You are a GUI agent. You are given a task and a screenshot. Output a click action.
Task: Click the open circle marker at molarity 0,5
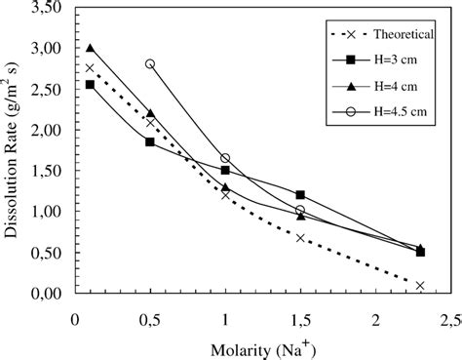click(150, 63)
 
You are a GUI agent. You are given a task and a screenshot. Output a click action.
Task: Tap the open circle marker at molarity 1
click(225, 158)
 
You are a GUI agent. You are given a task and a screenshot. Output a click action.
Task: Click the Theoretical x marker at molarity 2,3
click(420, 286)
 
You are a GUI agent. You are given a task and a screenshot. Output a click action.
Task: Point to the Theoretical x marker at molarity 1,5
click(300, 237)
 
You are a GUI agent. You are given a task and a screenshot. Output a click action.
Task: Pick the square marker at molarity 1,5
click(300, 195)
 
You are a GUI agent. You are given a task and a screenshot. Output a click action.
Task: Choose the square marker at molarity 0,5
click(150, 141)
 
